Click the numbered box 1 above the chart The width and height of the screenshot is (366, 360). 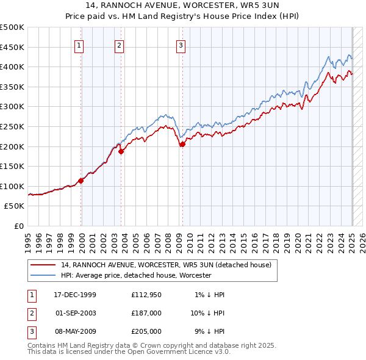(x=80, y=45)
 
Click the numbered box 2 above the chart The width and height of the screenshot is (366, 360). (x=119, y=45)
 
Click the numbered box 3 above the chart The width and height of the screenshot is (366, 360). (x=181, y=45)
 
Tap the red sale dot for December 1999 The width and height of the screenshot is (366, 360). (x=81, y=181)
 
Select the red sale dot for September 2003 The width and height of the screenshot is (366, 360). (x=121, y=152)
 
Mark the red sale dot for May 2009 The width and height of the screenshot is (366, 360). (x=182, y=145)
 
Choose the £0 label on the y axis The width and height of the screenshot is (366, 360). (x=19, y=226)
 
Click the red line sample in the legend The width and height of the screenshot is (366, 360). (x=43, y=265)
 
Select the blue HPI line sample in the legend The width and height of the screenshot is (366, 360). (x=43, y=275)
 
